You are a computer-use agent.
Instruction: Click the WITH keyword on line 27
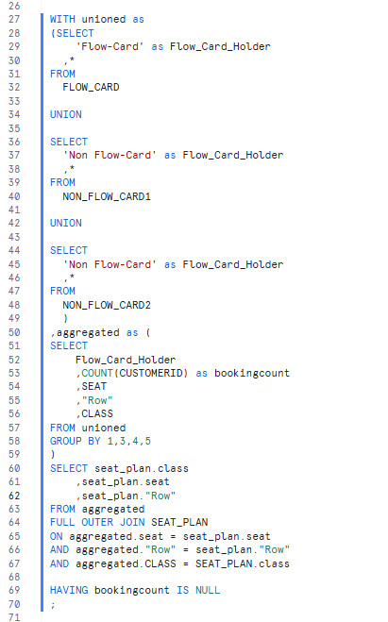(x=62, y=19)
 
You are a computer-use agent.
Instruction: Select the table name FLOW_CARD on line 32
(x=91, y=87)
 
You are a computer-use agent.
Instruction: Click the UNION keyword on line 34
(x=66, y=114)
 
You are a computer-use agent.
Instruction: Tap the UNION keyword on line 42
(x=66, y=223)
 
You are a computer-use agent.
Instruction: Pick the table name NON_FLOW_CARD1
(x=107, y=196)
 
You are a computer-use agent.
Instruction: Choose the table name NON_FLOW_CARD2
(x=107, y=305)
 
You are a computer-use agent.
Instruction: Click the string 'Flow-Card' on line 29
(x=110, y=46)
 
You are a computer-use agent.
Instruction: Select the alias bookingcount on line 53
(x=252, y=373)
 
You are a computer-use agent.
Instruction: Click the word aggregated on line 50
(x=88, y=332)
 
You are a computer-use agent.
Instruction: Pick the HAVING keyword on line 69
(x=69, y=590)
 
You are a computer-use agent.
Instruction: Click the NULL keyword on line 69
(x=208, y=590)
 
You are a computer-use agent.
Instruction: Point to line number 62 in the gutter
(x=14, y=496)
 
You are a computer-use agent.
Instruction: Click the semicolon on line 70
(x=52, y=605)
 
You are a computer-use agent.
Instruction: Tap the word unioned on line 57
(x=104, y=428)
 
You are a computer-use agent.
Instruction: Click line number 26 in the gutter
(x=14, y=6)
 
